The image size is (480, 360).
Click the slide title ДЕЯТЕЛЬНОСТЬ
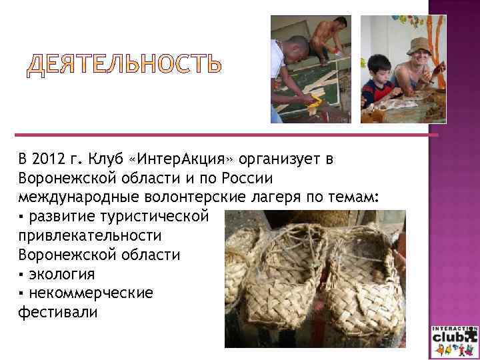click(124, 65)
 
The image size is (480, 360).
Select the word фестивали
click(58, 311)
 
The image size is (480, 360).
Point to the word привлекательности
click(91, 237)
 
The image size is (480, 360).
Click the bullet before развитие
click(22, 218)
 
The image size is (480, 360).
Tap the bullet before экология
click(22, 275)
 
